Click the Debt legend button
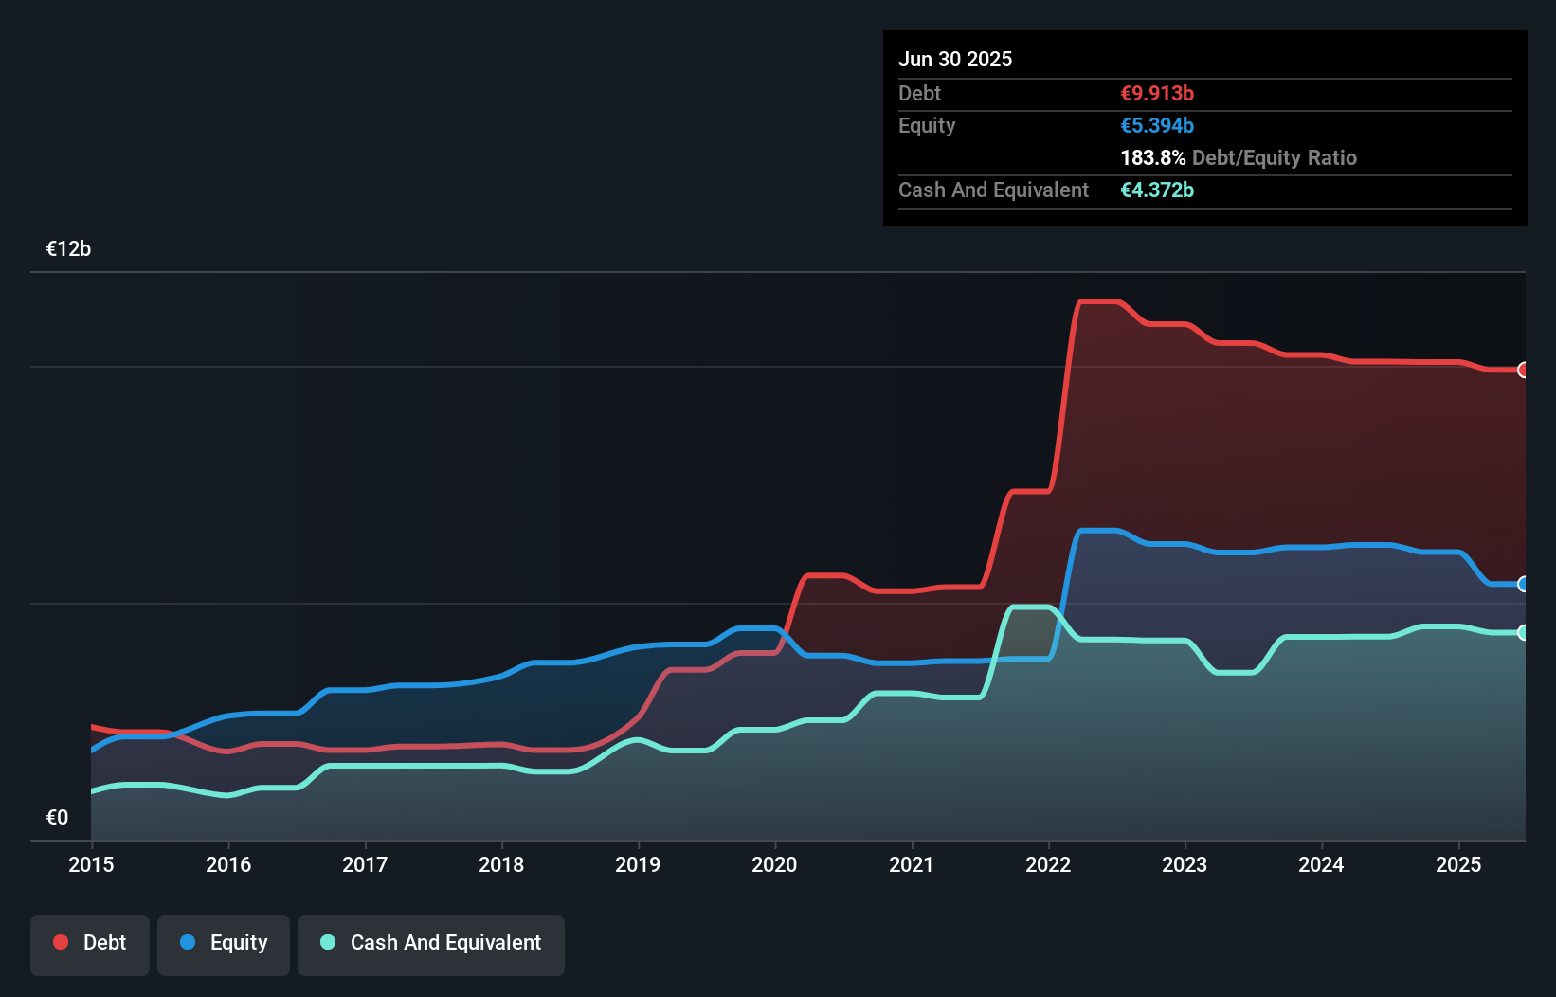(x=90, y=944)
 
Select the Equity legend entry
(x=224, y=944)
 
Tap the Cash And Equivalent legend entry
(x=431, y=944)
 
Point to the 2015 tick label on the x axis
(x=91, y=865)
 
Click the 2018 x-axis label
(x=501, y=865)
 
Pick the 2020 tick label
(x=774, y=865)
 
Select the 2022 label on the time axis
(x=1048, y=865)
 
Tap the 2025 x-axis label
(x=1458, y=865)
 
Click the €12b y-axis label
(x=68, y=249)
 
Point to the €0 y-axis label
(x=57, y=818)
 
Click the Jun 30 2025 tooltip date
(x=955, y=60)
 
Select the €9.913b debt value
(x=1157, y=94)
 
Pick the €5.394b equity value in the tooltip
(x=1157, y=126)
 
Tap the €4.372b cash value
(x=1157, y=190)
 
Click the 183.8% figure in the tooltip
(x=1152, y=158)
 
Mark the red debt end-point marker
(x=1523, y=370)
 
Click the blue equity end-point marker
(x=1523, y=584)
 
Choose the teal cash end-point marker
(x=1523, y=632)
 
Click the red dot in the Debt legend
(x=61, y=943)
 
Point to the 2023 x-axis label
(x=1185, y=865)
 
